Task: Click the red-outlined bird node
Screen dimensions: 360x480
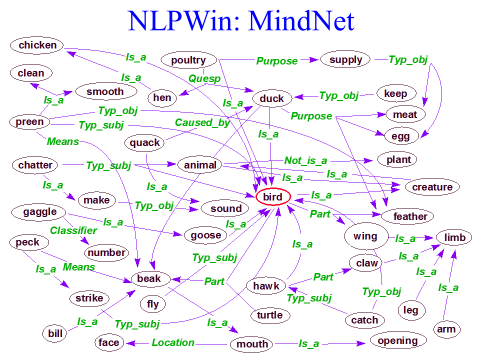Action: pos(273,198)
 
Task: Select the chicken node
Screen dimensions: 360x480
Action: pos(38,45)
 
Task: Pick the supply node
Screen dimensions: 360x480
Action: pos(345,61)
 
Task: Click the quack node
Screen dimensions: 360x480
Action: pos(145,142)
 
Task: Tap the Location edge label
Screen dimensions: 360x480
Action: pos(173,343)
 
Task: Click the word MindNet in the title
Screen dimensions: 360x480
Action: pos(305,21)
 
